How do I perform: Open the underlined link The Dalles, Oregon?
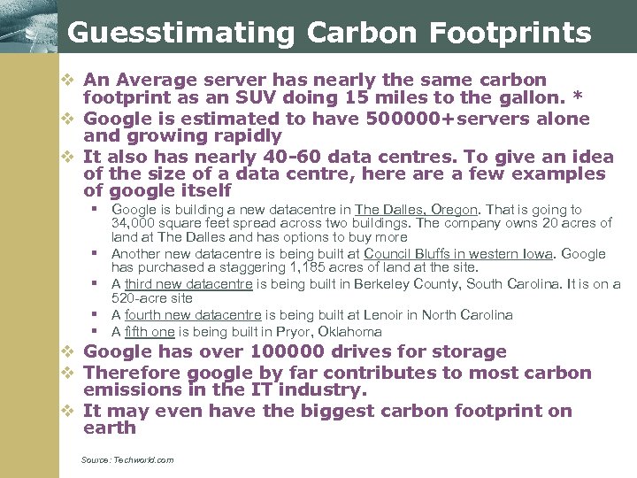(x=417, y=210)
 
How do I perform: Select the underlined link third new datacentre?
(x=189, y=284)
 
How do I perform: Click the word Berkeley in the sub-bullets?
(x=382, y=284)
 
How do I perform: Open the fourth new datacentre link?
(x=193, y=315)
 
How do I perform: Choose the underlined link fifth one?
(x=150, y=332)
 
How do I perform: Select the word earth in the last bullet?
(x=110, y=428)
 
